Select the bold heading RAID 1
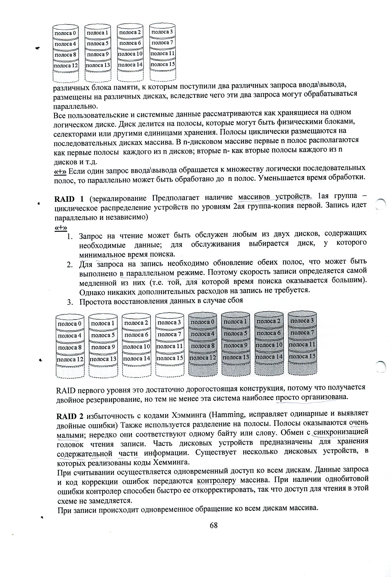tap(69, 199)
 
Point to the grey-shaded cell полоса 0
tap(203, 322)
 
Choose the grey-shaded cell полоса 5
tap(236, 333)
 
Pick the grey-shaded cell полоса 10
tap(269, 345)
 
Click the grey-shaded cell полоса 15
tap(302, 356)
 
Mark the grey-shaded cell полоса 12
tap(203, 358)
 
